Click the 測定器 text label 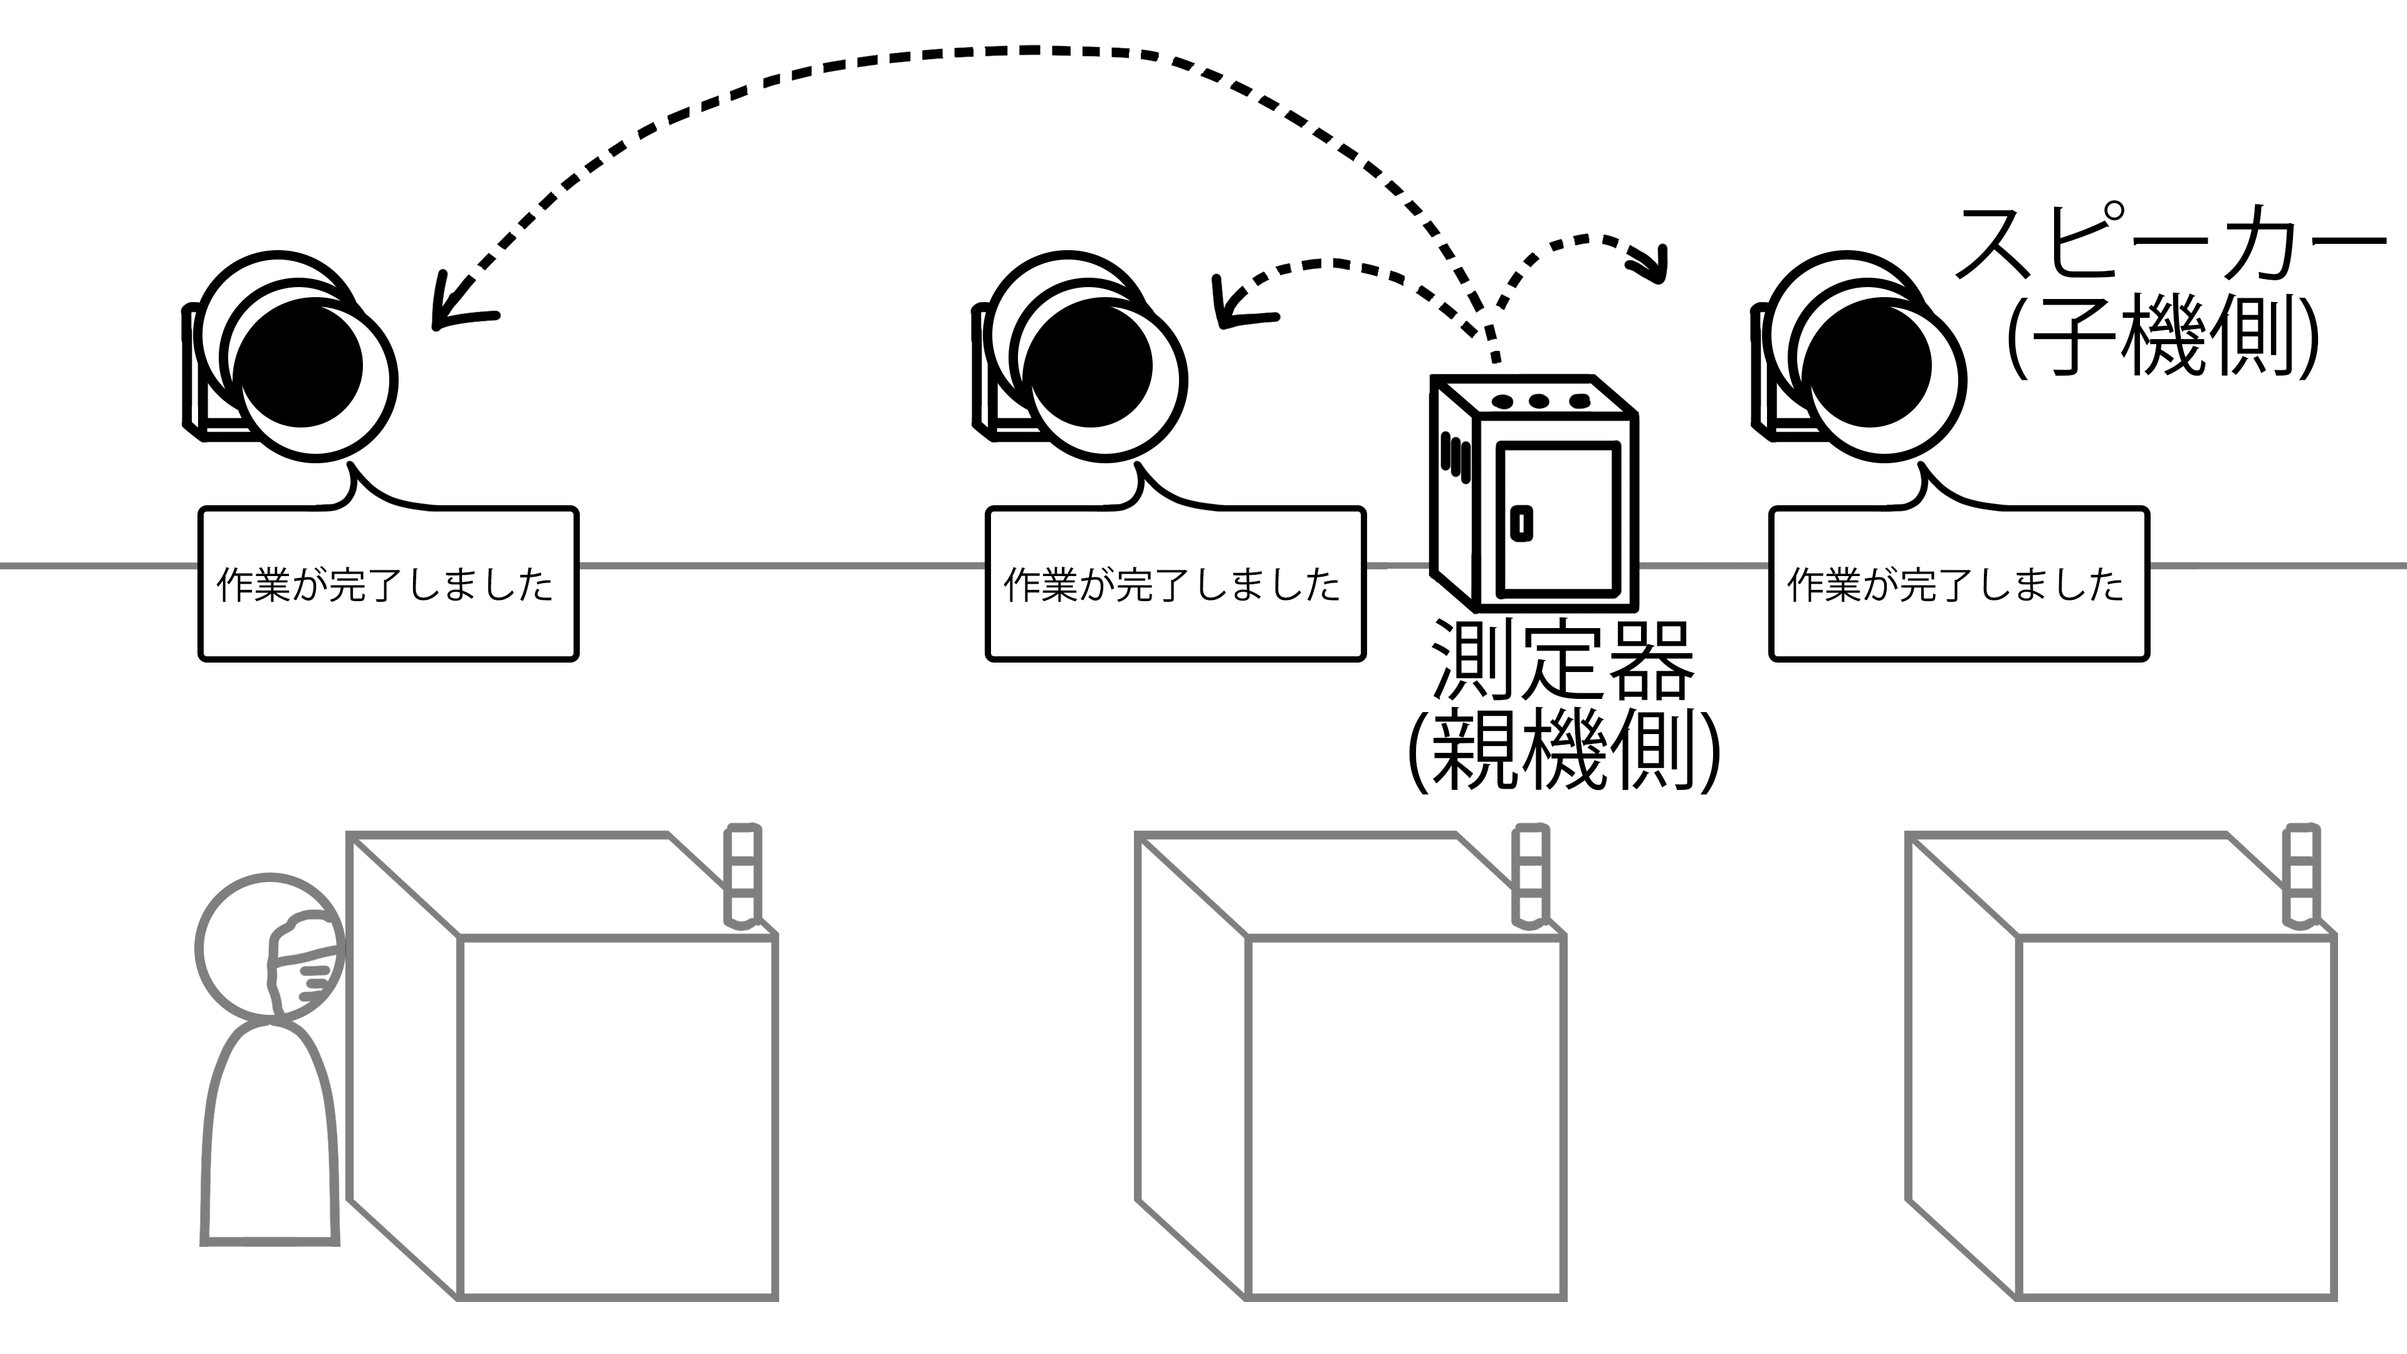pyautogui.click(x=1562, y=661)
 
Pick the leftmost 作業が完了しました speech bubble pyautogui.click(x=389, y=585)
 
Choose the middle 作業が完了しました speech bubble pyautogui.click(x=1175, y=585)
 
